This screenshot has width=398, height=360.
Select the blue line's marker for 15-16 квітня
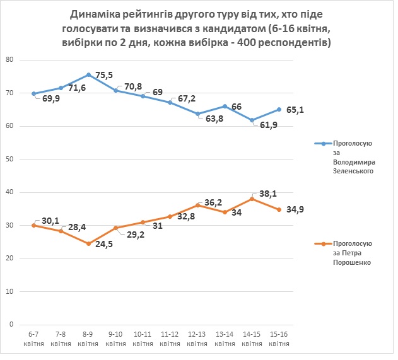click(279, 109)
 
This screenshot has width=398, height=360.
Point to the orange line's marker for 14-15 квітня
click(252, 199)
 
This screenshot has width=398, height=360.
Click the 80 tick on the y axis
click(9, 60)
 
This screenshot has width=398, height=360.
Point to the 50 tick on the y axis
click(9, 159)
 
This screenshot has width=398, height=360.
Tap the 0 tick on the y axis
click(11, 324)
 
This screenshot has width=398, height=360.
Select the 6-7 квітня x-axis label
click(33, 340)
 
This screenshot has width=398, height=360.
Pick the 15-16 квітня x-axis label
click(279, 340)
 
